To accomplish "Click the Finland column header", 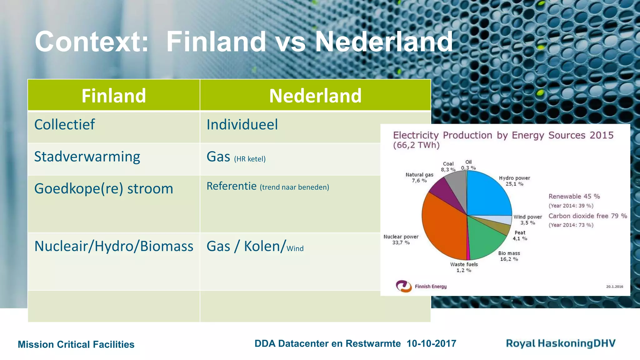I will pyautogui.click(x=114, y=96).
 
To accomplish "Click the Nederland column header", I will pyautogui.click(x=315, y=96).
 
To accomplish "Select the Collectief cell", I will pyautogui.click(x=65, y=125).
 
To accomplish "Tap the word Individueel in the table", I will pyautogui.click(x=242, y=125).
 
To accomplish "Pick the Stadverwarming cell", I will pyautogui.click(x=87, y=157).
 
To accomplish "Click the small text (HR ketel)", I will pyautogui.click(x=250, y=159).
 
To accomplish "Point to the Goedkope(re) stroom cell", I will pyautogui.click(x=104, y=189).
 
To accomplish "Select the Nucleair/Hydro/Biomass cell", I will pyautogui.click(x=114, y=246).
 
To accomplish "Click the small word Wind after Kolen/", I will pyautogui.click(x=295, y=249).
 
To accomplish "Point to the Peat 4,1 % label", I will pyautogui.click(x=520, y=236).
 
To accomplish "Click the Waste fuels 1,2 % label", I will pyautogui.click(x=464, y=267).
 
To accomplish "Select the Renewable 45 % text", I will pyautogui.click(x=574, y=197).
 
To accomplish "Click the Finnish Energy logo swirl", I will pyautogui.click(x=403, y=286).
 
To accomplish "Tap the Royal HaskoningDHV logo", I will pyautogui.click(x=561, y=343).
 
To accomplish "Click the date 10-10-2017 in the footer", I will pyautogui.click(x=431, y=344).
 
